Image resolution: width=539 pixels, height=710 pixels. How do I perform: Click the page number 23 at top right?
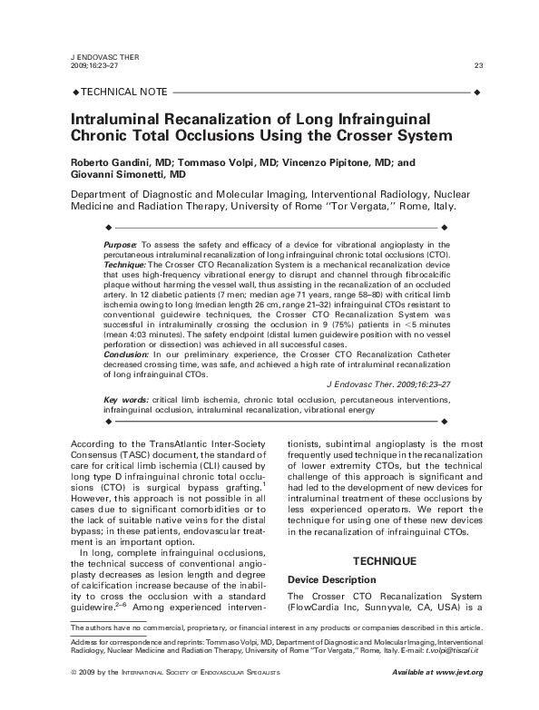[x=478, y=65]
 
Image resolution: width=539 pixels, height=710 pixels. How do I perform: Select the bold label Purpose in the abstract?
[x=120, y=245]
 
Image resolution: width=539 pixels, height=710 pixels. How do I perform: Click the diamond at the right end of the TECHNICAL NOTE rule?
[x=477, y=92]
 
